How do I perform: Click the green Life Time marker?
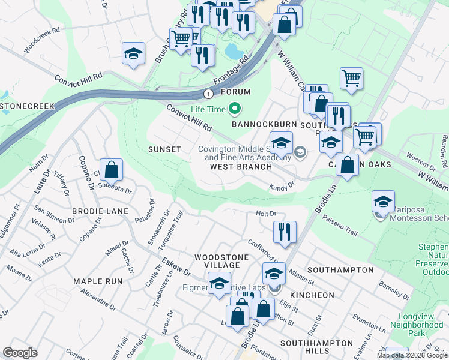tap(235, 109)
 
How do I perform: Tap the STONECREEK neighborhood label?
tap(27, 106)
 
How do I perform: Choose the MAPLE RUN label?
tap(98, 281)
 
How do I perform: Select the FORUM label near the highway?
tap(235, 92)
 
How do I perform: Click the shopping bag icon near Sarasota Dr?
tap(112, 170)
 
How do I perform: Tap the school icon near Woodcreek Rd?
tap(134, 54)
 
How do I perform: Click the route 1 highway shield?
tap(208, 94)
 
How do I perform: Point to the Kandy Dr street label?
tap(282, 187)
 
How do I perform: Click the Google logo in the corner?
tap(20, 352)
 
